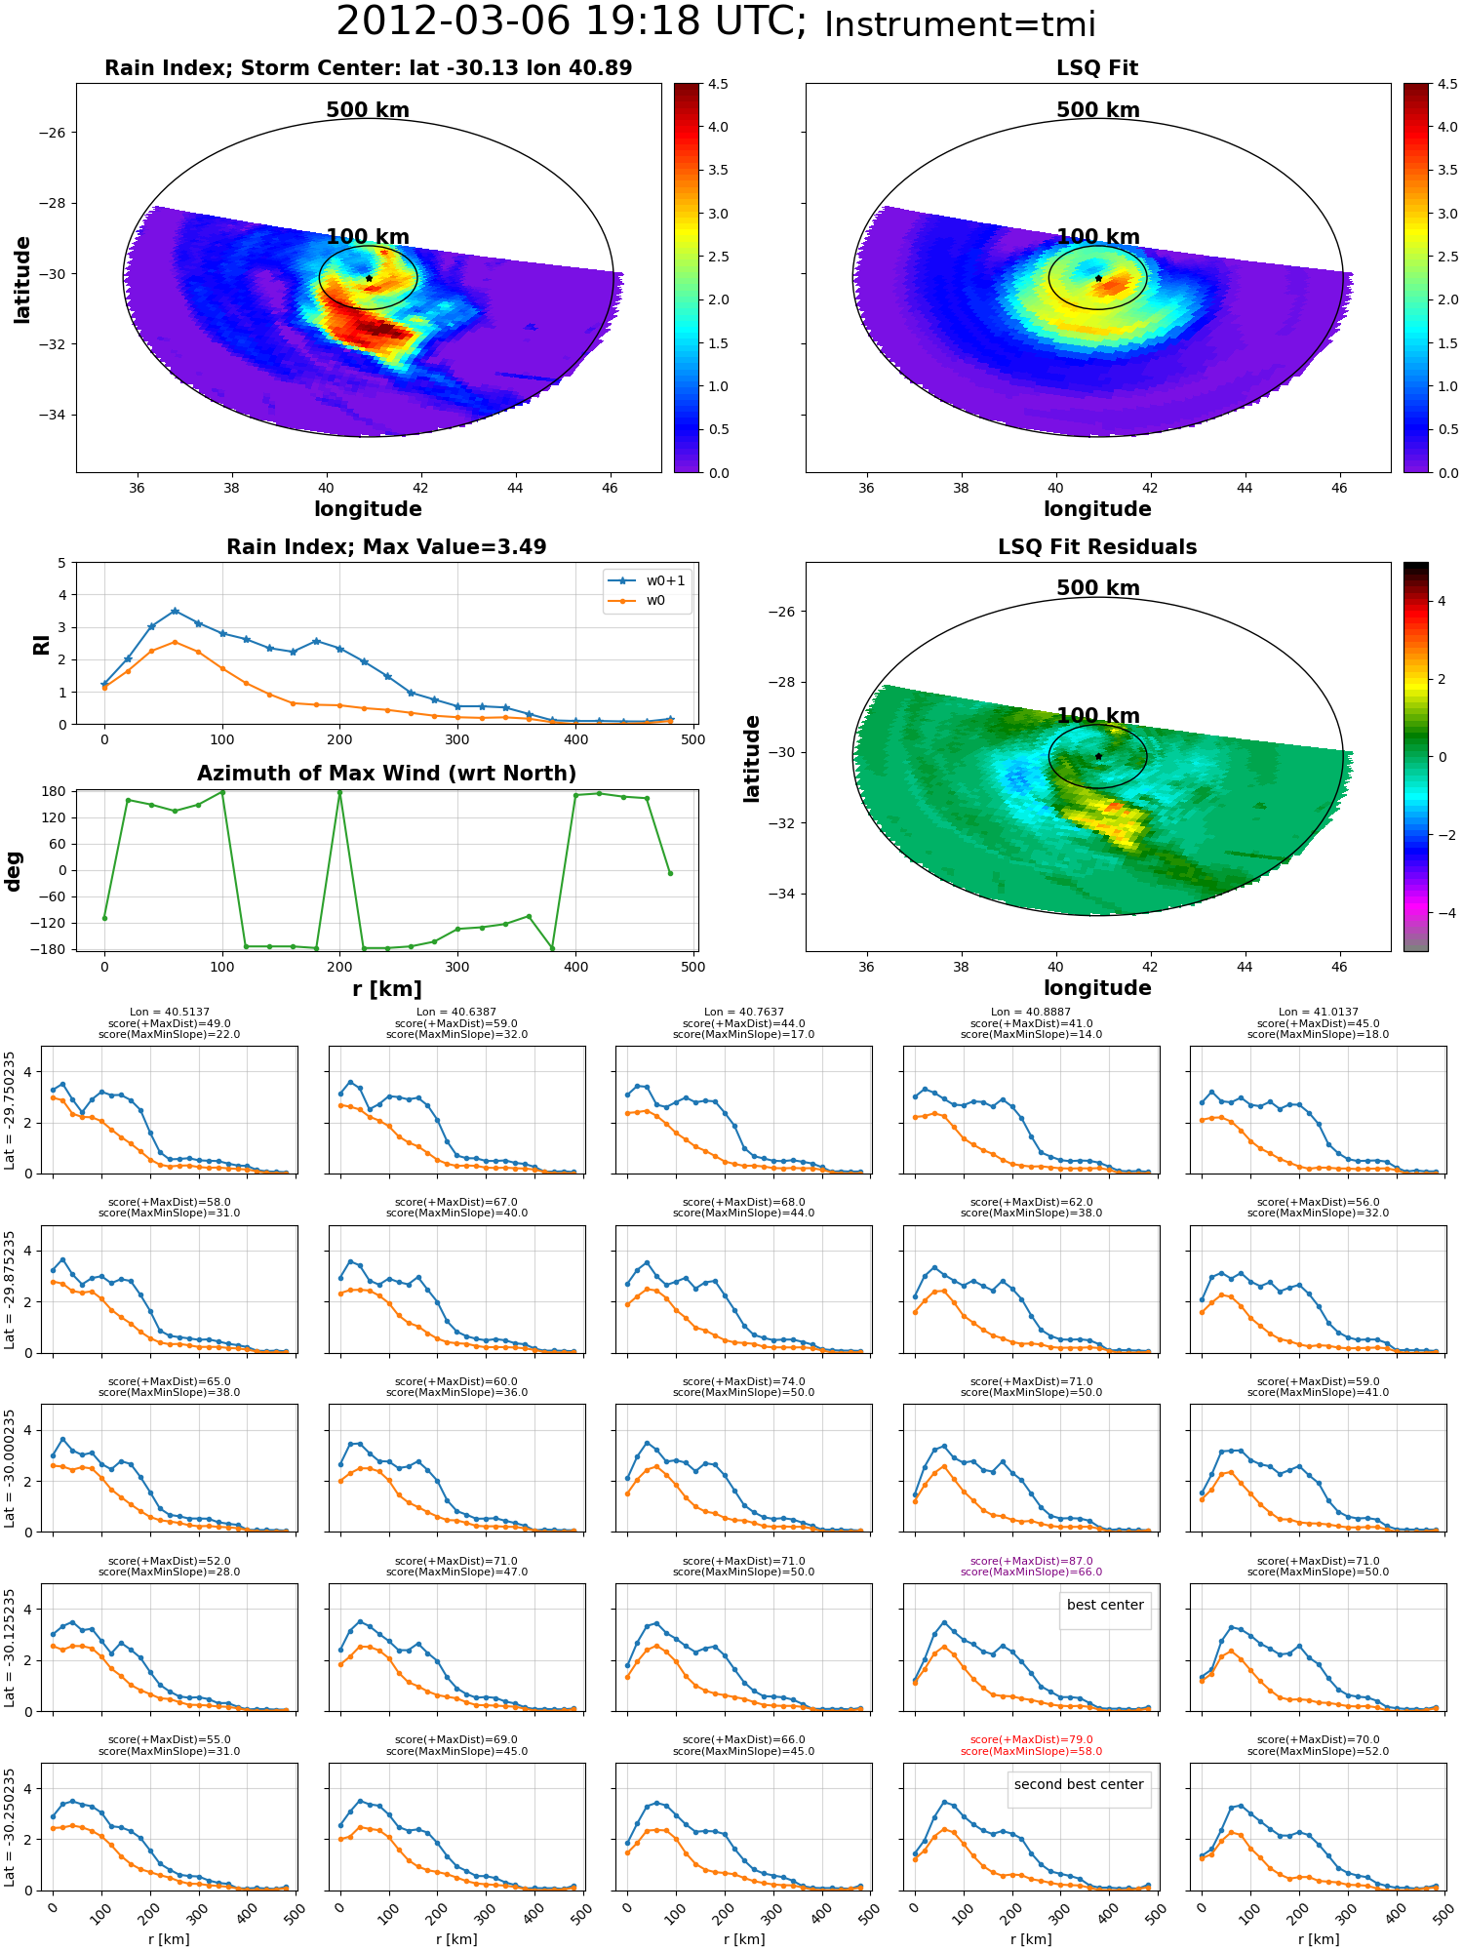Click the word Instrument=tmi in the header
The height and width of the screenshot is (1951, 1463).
960,24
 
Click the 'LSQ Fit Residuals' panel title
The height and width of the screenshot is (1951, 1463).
1097,547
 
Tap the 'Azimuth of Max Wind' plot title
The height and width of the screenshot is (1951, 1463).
386,774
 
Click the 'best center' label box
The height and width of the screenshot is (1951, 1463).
1105,1605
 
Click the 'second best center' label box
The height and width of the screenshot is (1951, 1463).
1079,1784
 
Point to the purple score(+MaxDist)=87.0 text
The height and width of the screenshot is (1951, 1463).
1031,1561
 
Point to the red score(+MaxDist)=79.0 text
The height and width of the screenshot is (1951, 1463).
1031,1740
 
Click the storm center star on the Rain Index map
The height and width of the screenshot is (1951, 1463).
369,279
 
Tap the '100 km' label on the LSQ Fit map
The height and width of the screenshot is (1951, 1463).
1098,237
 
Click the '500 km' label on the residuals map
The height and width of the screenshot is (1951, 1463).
1098,588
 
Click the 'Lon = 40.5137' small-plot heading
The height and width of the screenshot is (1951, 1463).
170,1013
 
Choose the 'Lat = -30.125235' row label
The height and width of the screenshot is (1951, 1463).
10,1648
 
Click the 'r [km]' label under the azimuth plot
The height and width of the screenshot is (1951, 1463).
386,989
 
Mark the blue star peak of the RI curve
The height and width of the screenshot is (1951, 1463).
175,612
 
